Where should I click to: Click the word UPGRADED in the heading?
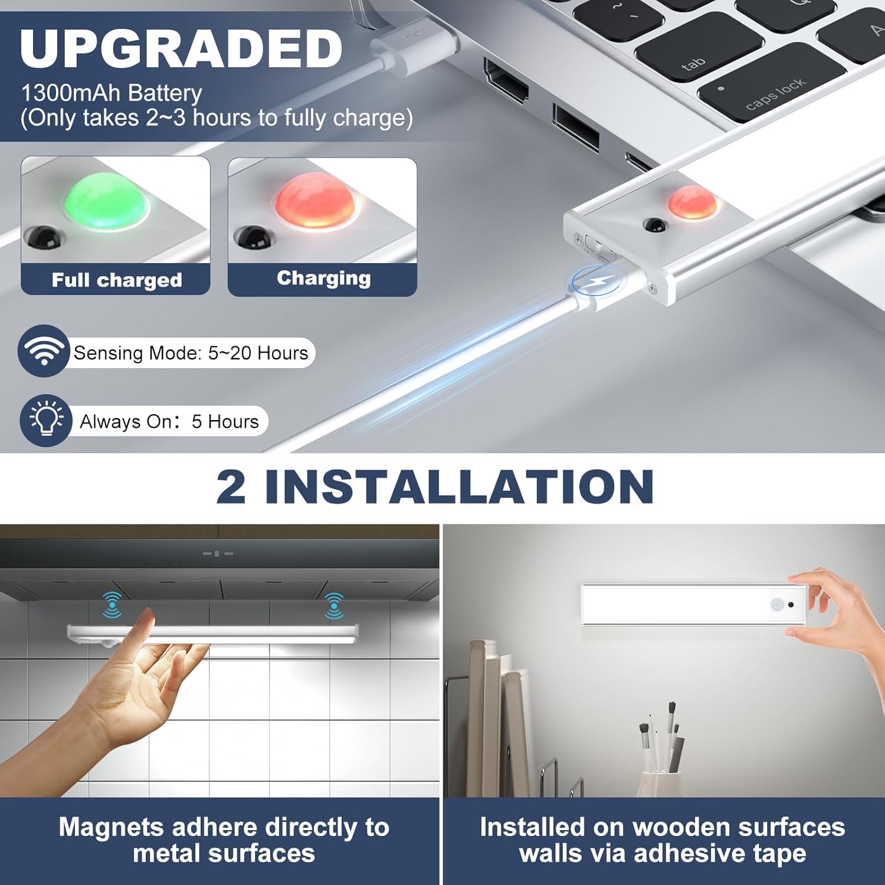181,48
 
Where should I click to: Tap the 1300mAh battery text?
111,93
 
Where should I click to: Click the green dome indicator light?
107,200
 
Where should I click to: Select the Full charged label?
116,280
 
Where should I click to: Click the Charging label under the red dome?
323,278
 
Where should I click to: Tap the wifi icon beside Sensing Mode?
44,351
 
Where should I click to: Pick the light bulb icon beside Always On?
45,420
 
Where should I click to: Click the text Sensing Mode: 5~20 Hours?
191,353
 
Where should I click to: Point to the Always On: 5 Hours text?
169,421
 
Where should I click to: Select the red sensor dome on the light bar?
693,201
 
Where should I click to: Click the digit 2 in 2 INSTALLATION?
231,487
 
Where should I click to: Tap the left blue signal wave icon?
112,605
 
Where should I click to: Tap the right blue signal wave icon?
334,606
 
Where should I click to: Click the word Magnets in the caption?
110,827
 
